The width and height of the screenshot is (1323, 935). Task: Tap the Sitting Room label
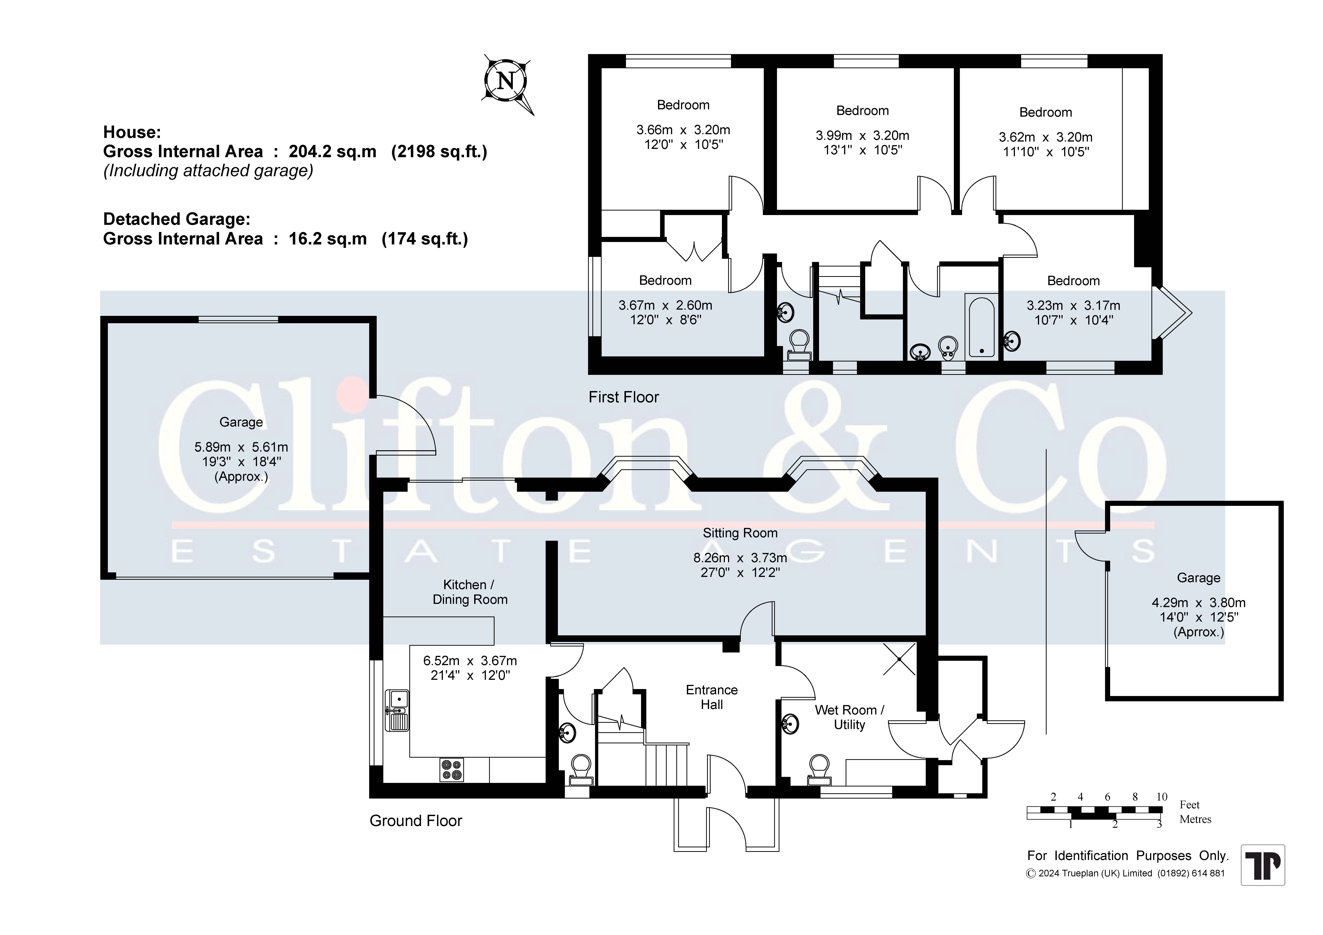click(740, 533)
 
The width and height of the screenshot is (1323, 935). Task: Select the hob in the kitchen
click(451, 770)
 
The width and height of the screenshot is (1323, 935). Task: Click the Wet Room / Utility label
click(849, 717)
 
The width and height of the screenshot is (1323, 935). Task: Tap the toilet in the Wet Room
click(819, 770)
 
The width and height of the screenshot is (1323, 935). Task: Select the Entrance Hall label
click(712, 697)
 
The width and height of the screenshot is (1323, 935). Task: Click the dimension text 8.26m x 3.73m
click(740, 558)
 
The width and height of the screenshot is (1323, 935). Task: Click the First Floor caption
click(624, 397)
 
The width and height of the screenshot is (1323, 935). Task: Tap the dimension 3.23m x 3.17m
click(1073, 305)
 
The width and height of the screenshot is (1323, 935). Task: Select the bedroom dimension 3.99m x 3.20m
click(862, 135)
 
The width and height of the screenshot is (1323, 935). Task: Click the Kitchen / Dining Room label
click(470, 592)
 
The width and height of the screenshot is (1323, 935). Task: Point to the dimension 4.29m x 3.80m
click(1199, 603)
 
